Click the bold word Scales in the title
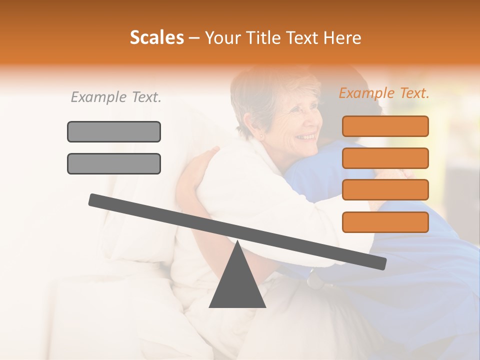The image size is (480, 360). pyautogui.click(x=156, y=37)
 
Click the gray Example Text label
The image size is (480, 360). pyautogui.click(x=116, y=97)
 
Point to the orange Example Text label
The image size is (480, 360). pyautogui.click(x=384, y=93)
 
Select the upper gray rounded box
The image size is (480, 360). pyautogui.click(x=114, y=131)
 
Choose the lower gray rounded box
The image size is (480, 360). pyautogui.click(x=114, y=163)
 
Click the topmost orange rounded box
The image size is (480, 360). pyautogui.click(x=385, y=126)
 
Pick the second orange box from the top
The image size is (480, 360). pyautogui.click(x=385, y=158)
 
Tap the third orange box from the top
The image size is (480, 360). pyautogui.click(x=385, y=189)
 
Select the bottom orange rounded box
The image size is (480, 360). pyautogui.click(x=385, y=221)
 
